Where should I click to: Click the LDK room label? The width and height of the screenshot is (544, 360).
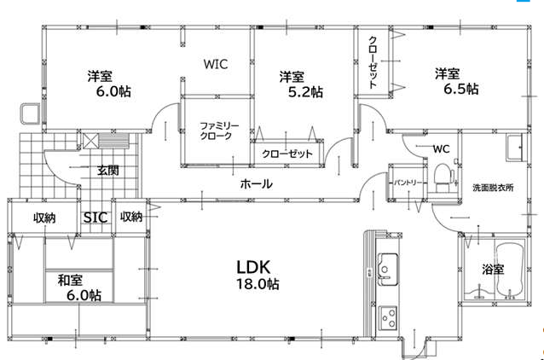coord(253,267)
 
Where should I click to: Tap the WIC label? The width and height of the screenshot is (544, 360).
coord(216,64)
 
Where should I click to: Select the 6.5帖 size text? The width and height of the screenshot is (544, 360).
coord(461,89)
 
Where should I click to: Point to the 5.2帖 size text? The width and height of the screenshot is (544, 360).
coord(305,92)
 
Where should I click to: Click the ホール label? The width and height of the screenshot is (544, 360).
coord(257,183)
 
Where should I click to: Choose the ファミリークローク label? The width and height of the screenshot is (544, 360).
coord(219,131)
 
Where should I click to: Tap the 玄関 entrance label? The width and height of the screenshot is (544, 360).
coord(108,170)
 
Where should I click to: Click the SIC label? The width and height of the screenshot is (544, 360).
coord(95,218)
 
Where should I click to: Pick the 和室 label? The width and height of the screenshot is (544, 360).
coord(70,280)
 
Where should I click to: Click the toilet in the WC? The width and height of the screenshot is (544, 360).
coord(443,177)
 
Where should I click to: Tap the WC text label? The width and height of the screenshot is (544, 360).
coord(441,149)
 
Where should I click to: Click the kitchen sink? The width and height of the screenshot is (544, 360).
coord(388,270)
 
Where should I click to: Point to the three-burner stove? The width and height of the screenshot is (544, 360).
coord(388,318)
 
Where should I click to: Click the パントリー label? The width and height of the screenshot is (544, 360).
coord(408,183)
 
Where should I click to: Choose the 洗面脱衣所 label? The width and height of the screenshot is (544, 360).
coord(493,188)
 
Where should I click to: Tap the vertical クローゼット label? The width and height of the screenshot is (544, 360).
coord(373,62)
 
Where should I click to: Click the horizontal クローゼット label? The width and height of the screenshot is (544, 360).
coord(287,154)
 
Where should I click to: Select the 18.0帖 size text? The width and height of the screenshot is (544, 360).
coord(258,284)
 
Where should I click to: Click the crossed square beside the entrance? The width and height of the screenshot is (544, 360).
coord(90,142)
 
